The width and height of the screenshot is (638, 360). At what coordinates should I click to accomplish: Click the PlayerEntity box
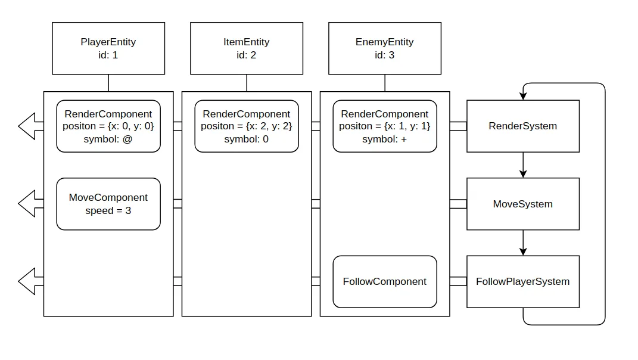click(108, 48)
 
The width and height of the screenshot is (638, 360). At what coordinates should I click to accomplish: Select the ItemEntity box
click(247, 48)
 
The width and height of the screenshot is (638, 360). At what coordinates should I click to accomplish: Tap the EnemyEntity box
click(385, 48)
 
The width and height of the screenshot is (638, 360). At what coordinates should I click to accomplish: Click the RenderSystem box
click(522, 126)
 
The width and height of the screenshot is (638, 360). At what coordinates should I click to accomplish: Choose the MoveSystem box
click(522, 204)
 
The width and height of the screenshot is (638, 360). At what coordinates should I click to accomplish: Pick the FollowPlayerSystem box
click(522, 281)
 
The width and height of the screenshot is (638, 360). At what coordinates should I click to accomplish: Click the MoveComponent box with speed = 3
click(108, 204)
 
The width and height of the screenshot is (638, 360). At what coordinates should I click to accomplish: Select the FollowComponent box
click(385, 281)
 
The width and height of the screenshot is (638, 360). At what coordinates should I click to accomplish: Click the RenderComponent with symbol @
click(108, 126)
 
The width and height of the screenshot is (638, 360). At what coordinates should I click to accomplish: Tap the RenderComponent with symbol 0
click(247, 126)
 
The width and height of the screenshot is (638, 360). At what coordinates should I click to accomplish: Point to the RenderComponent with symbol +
click(385, 126)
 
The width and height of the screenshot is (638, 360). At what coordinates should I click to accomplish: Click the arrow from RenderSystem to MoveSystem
click(523, 165)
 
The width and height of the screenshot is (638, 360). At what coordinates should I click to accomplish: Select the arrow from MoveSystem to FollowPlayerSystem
click(523, 243)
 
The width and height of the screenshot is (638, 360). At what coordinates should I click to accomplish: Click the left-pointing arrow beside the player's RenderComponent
click(30, 126)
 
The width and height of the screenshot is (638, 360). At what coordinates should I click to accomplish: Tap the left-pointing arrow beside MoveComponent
click(30, 204)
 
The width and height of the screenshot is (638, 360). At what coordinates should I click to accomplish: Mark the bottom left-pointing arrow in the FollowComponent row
click(30, 281)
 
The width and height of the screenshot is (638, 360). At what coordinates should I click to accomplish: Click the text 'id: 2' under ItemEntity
click(247, 55)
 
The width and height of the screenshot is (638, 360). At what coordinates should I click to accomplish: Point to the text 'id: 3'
click(385, 55)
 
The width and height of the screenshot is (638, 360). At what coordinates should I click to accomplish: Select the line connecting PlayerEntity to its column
click(108, 83)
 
